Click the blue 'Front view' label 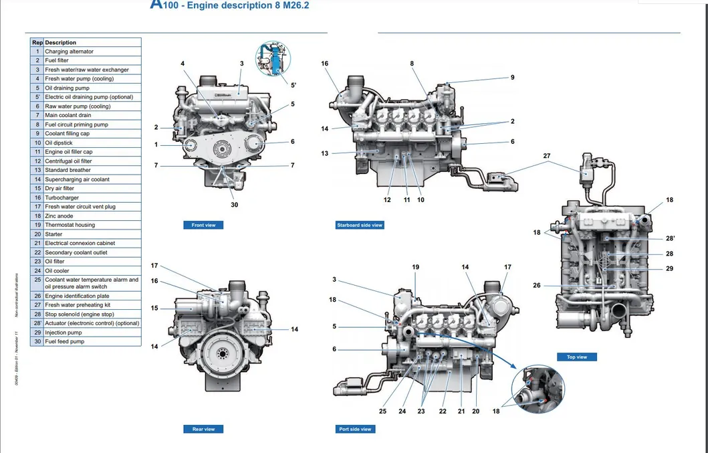coord(203,225)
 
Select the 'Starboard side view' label coord(359,225)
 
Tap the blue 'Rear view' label coord(203,429)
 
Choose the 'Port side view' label coord(355,429)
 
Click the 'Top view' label coord(576,357)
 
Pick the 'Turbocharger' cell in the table coord(62,197)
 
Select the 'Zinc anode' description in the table coord(59,216)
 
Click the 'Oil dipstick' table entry coord(59,143)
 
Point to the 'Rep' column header coord(37,42)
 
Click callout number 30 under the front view coord(234,205)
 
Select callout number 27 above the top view coord(546,155)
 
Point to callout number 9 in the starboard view coord(512,78)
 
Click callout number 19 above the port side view coord(415,267)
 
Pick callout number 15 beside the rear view coord(154,308)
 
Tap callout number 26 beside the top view coord(537,286)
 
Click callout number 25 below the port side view coord(382,411)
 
